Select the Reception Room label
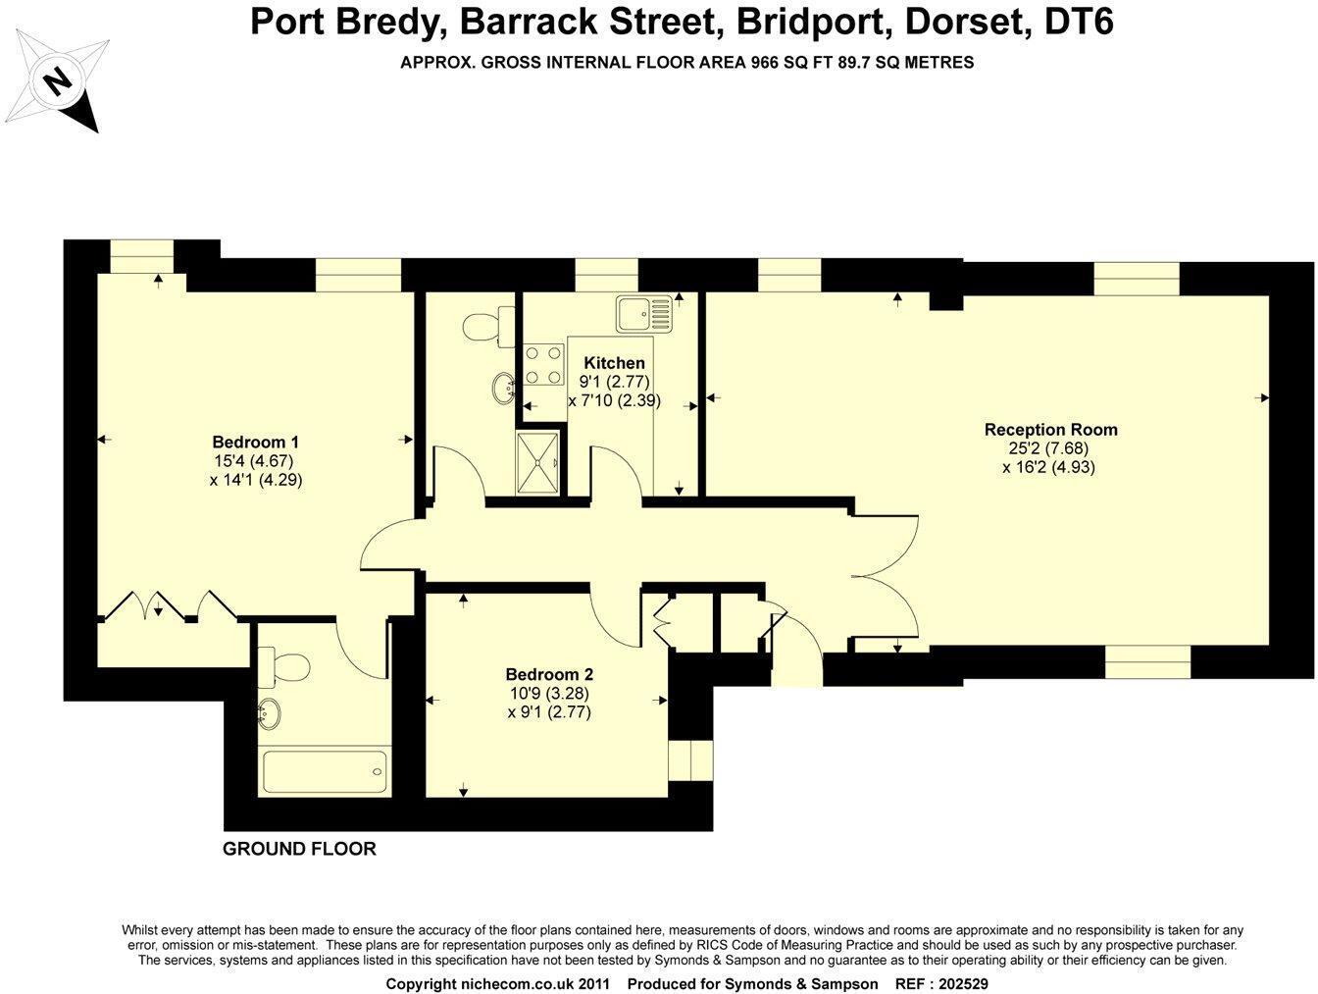(x=1050, y=429)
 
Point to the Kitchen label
(x=614, y=363)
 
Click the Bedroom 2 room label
(x=549, y=674)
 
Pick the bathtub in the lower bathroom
(x=325, y=770)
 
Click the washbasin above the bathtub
(x=271, y=715)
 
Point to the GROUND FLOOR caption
(x=299, y=849)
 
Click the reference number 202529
(x=976, y=983)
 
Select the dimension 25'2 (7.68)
(x=1050, y=448)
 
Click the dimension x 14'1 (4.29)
(x=255, y=480)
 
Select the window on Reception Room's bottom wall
(x=1147, y=661)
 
